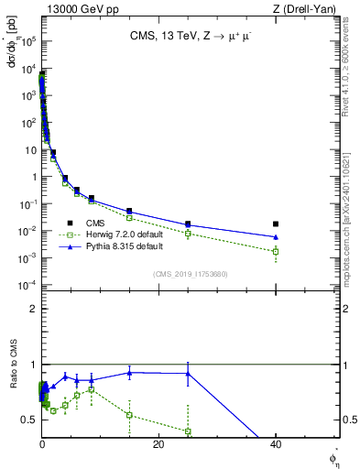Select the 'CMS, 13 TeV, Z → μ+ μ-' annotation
coord(189,37)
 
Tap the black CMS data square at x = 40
coord(276,224)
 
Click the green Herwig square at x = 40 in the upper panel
coord(276,251)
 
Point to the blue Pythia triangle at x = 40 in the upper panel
coord(276,237)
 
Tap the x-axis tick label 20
coord(158,444)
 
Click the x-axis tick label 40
coord(276,444)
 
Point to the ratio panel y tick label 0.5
coord(29,420)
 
